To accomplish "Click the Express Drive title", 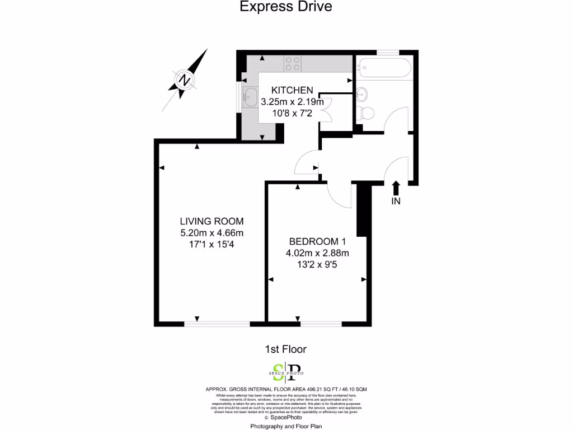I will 286,7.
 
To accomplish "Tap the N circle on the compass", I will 183,80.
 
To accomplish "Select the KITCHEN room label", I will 292,90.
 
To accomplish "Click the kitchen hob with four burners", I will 293,64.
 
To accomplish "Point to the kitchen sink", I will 250,97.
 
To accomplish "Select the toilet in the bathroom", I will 367,113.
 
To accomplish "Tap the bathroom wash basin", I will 363,92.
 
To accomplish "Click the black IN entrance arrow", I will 396,188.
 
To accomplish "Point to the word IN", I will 396,202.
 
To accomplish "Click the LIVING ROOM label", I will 212,221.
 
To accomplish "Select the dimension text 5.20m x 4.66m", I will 212,233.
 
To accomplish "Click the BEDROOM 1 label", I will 317,242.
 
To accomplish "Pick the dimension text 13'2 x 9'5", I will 317,265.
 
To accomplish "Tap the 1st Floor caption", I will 285,349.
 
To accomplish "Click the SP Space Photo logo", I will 286,372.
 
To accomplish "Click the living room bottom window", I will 217,323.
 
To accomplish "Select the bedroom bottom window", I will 321,323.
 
